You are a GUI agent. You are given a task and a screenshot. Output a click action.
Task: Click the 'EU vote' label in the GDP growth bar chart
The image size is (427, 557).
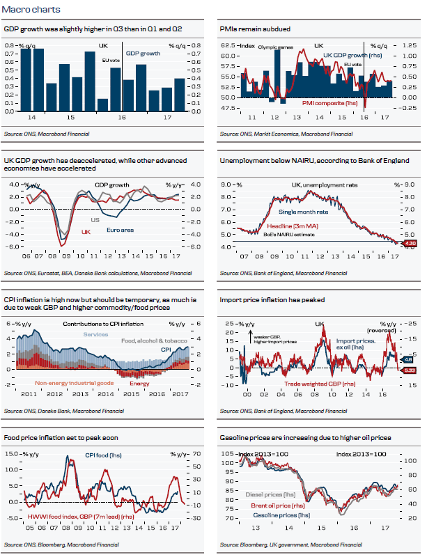110,61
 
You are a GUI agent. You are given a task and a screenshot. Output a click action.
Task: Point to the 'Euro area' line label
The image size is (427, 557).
121,228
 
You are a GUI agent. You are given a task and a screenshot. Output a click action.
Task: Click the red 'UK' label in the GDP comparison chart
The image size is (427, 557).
86,232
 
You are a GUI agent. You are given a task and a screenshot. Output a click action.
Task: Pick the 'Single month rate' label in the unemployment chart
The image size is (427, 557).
304,212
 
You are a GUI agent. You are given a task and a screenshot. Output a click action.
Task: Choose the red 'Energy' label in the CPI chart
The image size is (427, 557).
139,383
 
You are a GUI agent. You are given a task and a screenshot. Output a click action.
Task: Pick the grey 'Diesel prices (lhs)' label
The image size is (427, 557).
268,495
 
